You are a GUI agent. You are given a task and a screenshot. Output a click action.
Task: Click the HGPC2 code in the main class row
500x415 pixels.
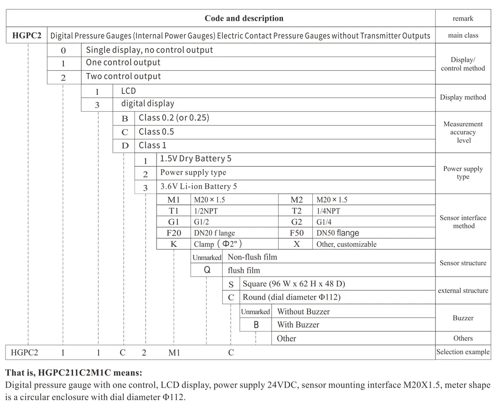click(26, 35)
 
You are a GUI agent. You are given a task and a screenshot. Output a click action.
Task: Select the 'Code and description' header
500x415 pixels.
click(244, 18)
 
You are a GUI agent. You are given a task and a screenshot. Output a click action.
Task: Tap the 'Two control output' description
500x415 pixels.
click(123, 76)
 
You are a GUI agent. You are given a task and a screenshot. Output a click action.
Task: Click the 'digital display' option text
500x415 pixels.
click(148, 104)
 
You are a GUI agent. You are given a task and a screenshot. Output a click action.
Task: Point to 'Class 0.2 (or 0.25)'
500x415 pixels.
click(174, 118)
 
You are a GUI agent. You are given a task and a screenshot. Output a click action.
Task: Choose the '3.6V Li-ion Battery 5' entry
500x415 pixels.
click(199, 187)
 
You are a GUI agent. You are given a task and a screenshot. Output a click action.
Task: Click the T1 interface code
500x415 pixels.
click(174, 211)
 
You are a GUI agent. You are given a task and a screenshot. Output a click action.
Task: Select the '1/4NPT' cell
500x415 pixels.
click(328, 211)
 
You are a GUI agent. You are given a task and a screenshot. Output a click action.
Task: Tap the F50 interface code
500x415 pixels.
click(296, 233)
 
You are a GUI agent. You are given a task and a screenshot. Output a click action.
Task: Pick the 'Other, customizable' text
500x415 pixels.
click(347, 244)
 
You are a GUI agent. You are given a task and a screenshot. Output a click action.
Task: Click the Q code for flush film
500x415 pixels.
click(207, 270)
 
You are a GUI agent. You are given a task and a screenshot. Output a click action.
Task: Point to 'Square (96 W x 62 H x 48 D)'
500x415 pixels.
click(294, 284)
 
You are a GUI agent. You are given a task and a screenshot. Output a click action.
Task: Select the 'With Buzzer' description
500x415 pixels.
click(298, 325)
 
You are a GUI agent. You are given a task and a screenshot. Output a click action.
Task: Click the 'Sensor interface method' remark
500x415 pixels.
click(463, 222)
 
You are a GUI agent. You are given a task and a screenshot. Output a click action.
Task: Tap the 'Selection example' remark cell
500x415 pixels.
click(463, 352)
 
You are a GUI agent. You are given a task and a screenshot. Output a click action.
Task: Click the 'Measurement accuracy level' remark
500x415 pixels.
click(463, 132)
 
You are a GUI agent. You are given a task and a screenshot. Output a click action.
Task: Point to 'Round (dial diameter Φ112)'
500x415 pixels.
click(292, 297)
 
